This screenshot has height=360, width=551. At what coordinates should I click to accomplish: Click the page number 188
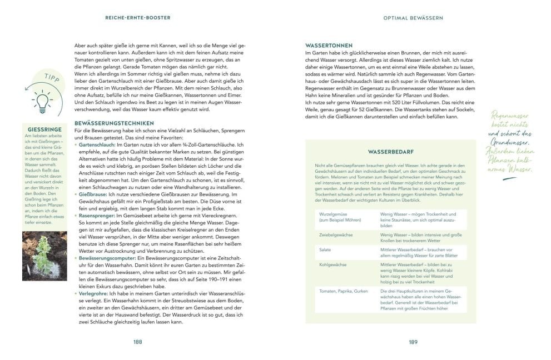click(138, 342)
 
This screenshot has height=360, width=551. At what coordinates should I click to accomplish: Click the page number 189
click(413, 342)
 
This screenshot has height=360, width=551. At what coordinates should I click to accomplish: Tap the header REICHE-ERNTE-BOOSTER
click(138, 18)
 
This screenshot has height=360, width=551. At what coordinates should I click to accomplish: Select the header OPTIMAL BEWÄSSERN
click(413, 18)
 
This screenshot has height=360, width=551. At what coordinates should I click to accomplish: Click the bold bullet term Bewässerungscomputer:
click(106, 258)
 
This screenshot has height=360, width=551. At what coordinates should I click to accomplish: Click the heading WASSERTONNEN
click(329, 45)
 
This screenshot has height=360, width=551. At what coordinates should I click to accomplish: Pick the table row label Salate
click(325, 250)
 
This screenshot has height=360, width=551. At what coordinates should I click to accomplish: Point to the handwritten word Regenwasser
click(510, 115)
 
